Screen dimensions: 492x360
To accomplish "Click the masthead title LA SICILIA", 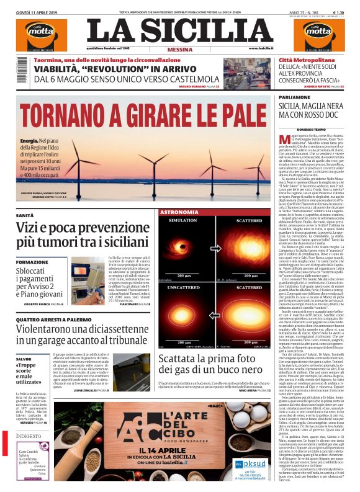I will [179, 30].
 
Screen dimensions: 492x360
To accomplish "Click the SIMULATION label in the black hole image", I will [182, 220].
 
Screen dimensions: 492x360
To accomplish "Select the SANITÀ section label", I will [25, 215].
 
